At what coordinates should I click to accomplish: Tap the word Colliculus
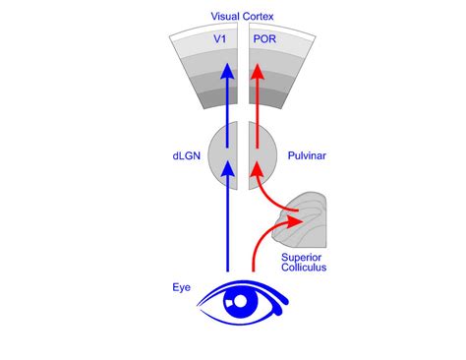pos(305,270)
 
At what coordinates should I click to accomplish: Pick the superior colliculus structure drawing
pos(311,222)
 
